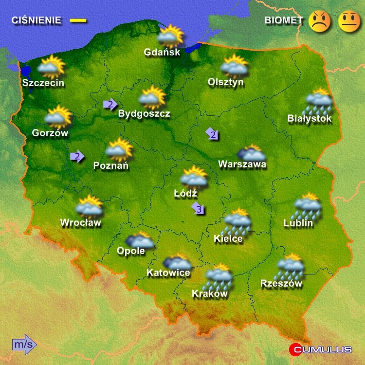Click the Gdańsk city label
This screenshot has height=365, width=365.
pos(162,52)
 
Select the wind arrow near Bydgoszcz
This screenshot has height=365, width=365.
pos(110,104)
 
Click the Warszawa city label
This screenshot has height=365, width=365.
pos(242,164)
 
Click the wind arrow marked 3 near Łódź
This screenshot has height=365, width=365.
pos(198,209)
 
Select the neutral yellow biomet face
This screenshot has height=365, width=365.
pos(349,21)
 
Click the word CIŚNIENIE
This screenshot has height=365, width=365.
pos(36,20)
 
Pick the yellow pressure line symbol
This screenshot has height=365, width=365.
pos(78,20)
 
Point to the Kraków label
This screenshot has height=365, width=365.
pos(210,293)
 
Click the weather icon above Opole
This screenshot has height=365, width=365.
pos(140,240)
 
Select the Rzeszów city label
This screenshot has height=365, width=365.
pos(281,283)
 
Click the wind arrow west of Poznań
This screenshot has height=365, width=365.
pos(77,156)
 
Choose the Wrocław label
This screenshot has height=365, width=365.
pos(80,223)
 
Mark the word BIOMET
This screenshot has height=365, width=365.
pos(284,20)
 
